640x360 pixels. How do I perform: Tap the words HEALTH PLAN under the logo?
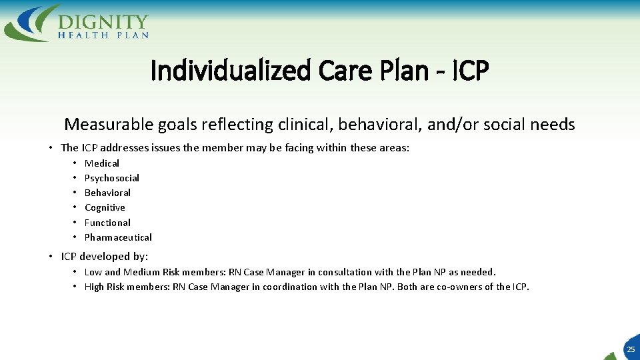pyautogui.click(x=103, y=35)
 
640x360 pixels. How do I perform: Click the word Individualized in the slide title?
pyautogui.click(x=231, y=71)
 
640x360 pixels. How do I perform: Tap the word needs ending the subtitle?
pyautogui.click(x=552, y=125)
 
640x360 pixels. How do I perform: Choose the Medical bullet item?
pyautogui.click(x=102, y=163)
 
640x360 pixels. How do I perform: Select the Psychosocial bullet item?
pyautogui.click(x=112, y=178)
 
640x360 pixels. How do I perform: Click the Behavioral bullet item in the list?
pyautogui.click(x=107, y=193)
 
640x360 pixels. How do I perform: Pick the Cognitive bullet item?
pyautogui.click(x=105, y=207)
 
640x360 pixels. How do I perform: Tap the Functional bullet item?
pyautogui.click(x=107, y=223)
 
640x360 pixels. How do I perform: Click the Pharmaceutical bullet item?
pyautogui.click(x=118, y=237)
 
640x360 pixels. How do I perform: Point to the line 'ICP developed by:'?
pyautogui.click(x=104, y=257)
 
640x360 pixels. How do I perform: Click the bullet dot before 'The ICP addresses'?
pyautogui.click(x=51, y=148)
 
